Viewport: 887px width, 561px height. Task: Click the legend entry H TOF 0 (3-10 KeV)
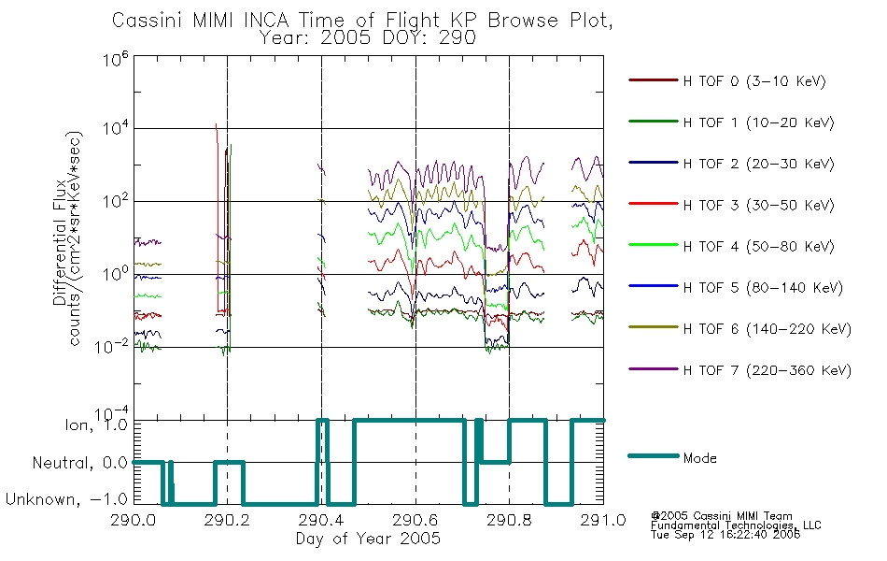(x=754, y=81)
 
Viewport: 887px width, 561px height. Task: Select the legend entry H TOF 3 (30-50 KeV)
(x=758, y=205)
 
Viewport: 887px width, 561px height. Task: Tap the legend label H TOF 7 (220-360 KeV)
(x=767, y=370)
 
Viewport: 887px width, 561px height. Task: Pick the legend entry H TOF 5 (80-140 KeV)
(x=763, y=288)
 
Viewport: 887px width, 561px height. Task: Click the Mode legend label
(x=699, y=458)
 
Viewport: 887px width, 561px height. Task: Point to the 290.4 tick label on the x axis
(x=321, y=520)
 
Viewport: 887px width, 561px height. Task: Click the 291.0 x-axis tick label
(x=603, y=520)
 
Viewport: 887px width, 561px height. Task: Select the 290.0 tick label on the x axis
(x=134, y=520)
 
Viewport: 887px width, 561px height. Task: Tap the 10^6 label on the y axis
(x=116, y=59)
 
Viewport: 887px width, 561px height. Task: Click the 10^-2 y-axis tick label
(x=112, y=346)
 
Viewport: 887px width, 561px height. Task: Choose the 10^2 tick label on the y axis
(x=116, y=200)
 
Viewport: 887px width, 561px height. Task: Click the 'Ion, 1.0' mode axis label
(x=95, y=424)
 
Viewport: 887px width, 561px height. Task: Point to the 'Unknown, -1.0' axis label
(x=66, y=499)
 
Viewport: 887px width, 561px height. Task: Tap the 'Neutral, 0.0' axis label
(x=79, y=463)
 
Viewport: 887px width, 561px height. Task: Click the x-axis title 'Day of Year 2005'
(x=368, y=539)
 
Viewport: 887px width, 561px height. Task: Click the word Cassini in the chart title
(x=148, y=21)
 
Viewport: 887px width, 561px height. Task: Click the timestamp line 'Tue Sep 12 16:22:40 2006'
(x=725, y=535)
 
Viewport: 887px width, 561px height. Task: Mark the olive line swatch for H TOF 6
(x=654, y=327)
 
